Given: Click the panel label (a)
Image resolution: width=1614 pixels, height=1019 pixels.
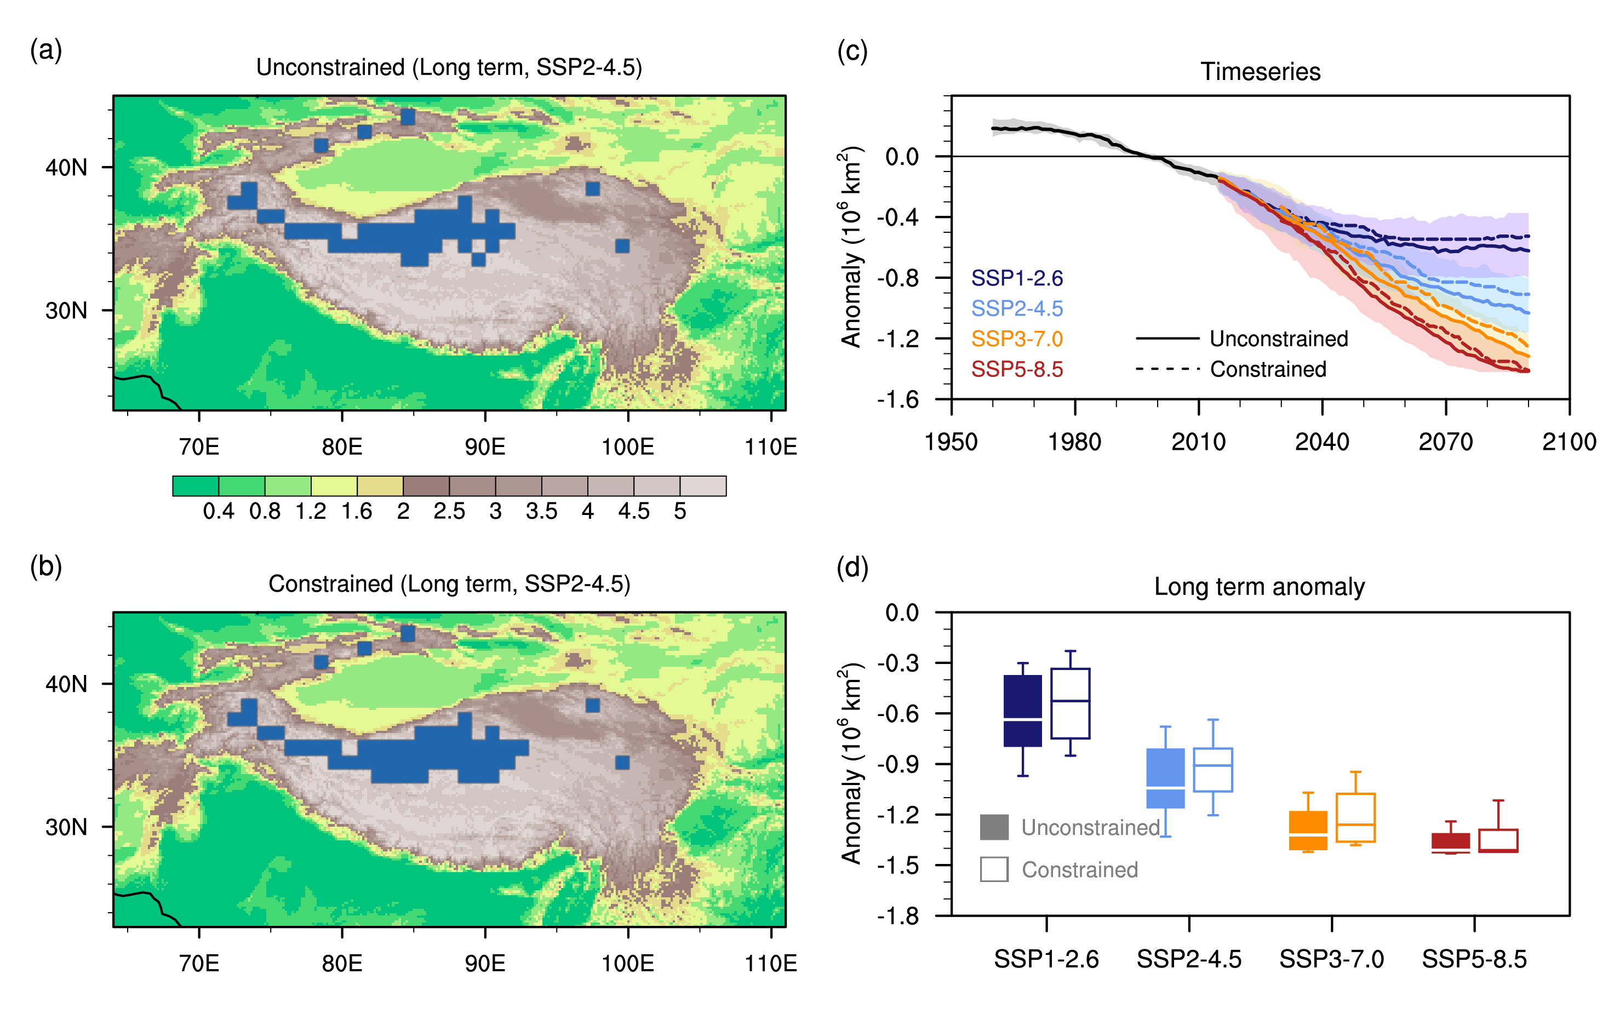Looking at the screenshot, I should click(45, 50).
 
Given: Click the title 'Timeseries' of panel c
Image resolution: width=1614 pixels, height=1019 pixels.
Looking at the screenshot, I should click(1260, 72).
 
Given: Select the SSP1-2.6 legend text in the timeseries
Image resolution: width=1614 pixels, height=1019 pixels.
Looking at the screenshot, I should click(1017, 278).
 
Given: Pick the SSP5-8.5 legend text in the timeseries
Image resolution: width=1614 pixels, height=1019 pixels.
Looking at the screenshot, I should click(1017, 369).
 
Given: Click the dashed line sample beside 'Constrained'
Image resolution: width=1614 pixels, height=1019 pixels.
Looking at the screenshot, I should click(1167, 369).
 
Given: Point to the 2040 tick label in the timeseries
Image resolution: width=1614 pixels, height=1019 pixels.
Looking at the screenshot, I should click(1322, 442).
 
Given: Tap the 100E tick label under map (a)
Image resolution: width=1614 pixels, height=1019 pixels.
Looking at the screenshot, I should click(627, 446).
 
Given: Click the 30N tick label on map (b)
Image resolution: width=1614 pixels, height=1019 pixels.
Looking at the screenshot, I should click(66, 827).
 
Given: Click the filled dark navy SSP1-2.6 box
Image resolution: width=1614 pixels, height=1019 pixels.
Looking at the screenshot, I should click(1022, 711).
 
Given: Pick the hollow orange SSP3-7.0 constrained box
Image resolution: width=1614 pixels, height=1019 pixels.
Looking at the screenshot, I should click(1355, 817).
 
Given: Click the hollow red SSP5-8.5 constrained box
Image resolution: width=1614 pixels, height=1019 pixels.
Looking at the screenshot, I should click(1498, 840).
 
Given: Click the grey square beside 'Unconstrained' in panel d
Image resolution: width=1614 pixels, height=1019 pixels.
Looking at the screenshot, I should click(994, 827).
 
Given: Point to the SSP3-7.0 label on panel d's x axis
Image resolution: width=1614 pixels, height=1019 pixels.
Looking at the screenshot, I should click(1331, 959).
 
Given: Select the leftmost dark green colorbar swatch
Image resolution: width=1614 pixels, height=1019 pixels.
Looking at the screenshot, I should click(195, 486).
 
